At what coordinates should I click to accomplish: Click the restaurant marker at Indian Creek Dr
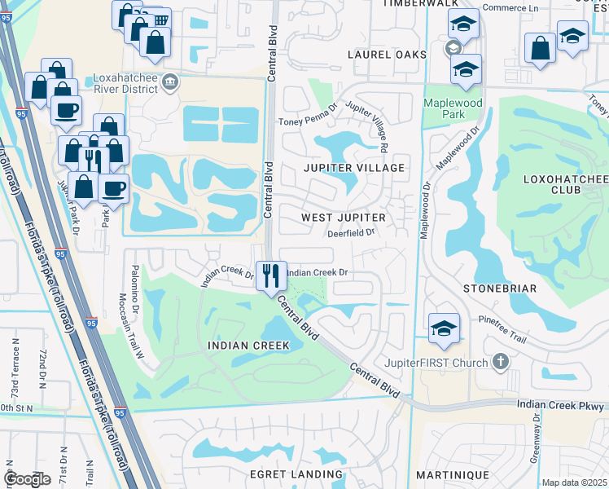coord(270,275)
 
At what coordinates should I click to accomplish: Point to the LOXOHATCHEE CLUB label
coord(550,183)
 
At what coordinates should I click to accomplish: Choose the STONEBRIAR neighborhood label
coord(500,289)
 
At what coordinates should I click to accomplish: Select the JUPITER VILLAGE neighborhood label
coord(354,168)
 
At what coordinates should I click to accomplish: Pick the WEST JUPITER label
coord(343,218)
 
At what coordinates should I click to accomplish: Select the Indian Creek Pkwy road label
coord(562,405)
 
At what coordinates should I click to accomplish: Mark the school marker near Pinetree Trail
coord(444,328)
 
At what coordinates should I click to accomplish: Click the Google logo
coord(28,479)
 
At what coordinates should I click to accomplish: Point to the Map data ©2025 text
coord(573,482)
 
